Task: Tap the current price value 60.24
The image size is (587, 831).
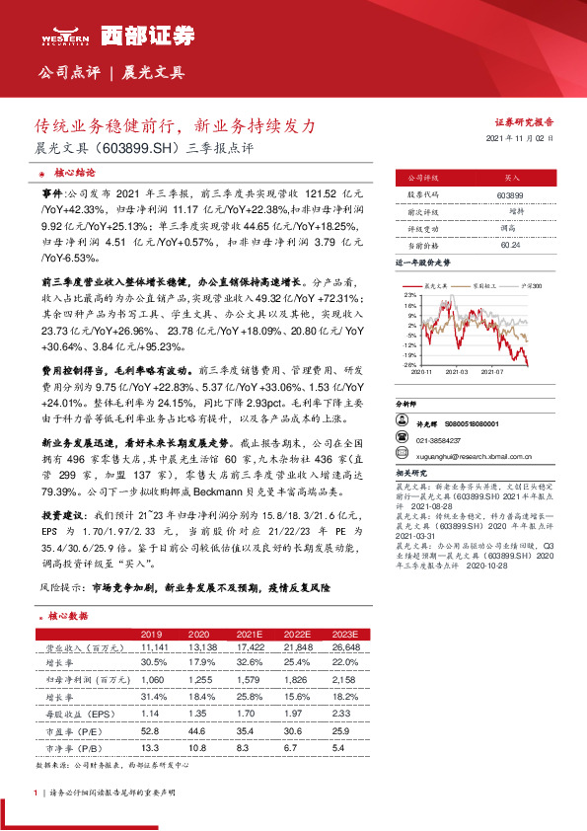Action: [x=511, y=244]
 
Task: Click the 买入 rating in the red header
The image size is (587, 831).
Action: [x=512, y=179]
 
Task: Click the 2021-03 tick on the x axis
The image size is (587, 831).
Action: [x=457, y=371]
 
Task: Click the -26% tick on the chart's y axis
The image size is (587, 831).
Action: [x=407, y=365]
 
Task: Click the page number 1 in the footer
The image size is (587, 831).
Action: [x=36, y=793]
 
